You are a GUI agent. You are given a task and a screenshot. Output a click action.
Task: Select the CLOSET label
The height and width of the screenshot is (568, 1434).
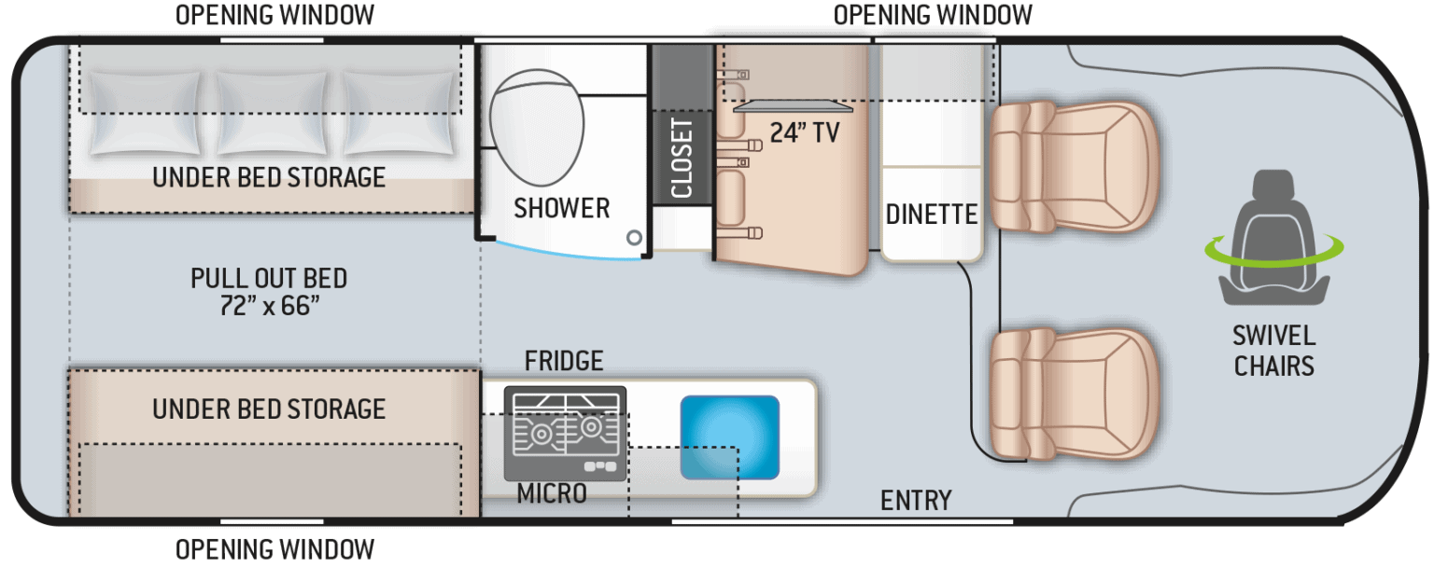tap(682, 157)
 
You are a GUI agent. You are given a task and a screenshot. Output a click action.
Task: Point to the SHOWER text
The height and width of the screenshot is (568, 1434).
tap(561, 208)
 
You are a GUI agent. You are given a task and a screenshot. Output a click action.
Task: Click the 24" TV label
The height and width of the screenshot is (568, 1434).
tap(804, 132)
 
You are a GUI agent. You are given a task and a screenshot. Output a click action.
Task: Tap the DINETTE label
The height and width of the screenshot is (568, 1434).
tap(931, 215)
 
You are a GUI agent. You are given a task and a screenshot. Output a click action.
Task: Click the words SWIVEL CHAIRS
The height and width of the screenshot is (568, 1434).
tap(1273, 351)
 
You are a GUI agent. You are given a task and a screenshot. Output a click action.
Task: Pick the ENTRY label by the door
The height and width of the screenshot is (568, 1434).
tap(915, 501)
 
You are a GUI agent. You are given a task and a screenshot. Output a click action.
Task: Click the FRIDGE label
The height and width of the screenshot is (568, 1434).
tap(564, 360)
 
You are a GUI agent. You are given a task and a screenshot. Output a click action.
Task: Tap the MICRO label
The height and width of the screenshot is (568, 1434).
tap(552, 492)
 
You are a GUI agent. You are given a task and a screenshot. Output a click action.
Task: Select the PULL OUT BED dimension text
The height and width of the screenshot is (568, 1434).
tap(269, 291)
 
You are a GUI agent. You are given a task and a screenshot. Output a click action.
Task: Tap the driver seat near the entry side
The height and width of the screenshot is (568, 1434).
tap(1074, 394)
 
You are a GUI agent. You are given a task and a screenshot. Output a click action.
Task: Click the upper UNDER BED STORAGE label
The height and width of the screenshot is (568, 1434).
tap(269, 177)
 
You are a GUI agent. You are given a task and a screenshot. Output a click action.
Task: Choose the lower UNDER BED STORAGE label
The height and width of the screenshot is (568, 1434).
tap(269, 409)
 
